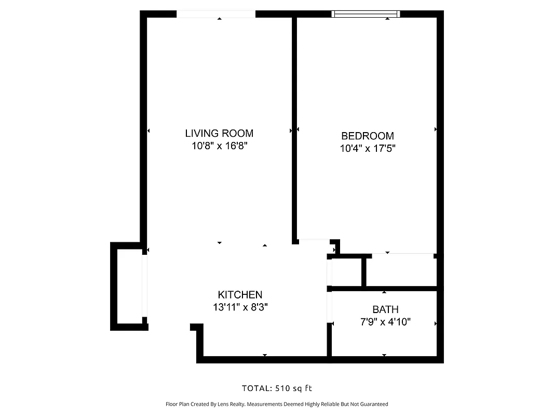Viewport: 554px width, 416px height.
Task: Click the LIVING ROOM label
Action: click(x=219, y=134)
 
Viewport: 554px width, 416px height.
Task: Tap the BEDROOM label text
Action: click(x=367, y=136)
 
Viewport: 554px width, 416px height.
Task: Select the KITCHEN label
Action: click(x=240, y=295)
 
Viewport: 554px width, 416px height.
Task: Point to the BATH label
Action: click(x=385, y=310)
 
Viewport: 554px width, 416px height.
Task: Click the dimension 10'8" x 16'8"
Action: click(x=219, y=147)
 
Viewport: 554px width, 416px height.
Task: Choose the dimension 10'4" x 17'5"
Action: click(x=367, y=149)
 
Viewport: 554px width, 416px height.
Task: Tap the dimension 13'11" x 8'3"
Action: click(x=240, y=307)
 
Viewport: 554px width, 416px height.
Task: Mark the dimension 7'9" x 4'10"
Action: click(x=385, y=322)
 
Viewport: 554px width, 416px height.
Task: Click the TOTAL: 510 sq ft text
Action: click(x=277, y=388)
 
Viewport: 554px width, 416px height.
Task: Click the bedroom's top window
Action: click(x=366, y=14)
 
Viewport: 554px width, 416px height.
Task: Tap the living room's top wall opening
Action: click(x=216, y=14)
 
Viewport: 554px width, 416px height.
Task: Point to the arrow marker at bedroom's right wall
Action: click(x=436, y=129)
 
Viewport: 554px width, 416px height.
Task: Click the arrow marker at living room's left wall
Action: click(x=149, y=131)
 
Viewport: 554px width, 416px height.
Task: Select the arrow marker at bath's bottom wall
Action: click(x=384, y=355)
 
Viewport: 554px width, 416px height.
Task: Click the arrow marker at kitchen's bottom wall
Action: click(x=265, y=355)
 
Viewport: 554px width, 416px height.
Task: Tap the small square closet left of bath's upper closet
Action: click(x=346, y=271)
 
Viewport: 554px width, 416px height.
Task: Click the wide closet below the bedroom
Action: click(x=401, y=270)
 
